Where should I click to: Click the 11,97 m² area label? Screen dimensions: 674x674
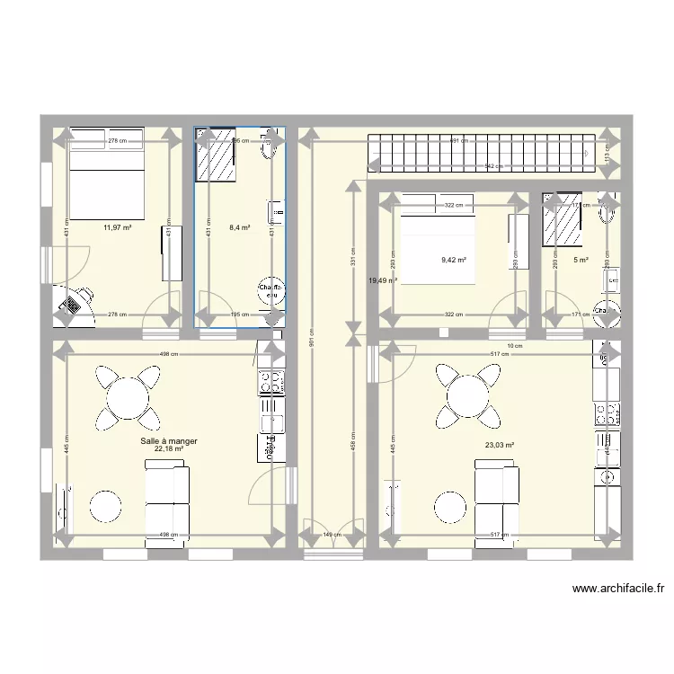(x=118, y=228)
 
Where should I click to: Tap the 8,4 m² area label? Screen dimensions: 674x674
(x=240, y=228)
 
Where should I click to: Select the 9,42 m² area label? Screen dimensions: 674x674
(x=453, y=261)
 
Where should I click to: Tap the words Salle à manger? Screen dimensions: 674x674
(x=169, y=441)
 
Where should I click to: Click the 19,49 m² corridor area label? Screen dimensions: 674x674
(x=382, y=280)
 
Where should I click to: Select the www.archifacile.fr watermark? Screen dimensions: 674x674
(x=618, y=590)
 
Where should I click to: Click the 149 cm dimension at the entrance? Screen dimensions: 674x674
(x=332, y=535)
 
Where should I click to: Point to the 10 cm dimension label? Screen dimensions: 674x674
(x=514, y=346)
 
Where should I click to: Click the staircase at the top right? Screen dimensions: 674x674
(x=485, y=152)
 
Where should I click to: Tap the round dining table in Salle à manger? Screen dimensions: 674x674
(x=128, y=395)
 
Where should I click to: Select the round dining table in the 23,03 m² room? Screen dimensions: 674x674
(x=467, y=395)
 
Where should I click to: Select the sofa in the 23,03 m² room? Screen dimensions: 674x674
(x=496, y=499)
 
